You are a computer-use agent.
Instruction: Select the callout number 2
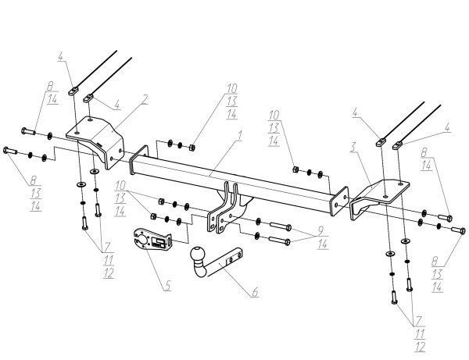tap(145, 99)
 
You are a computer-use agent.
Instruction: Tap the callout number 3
tap(354, 147)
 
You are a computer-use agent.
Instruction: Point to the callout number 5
tap(168, 285)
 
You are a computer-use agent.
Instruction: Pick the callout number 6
tap(255, 292)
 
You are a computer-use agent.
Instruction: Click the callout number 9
tap(320, 230)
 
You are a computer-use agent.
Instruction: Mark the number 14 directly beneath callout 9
tap(322, 244)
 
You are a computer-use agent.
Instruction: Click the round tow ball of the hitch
tap(198, 255)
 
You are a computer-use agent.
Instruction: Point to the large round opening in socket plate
tap(141, 239)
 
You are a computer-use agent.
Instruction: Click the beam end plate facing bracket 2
tap(139, 160)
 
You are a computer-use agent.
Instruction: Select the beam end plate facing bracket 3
tap(339, 201)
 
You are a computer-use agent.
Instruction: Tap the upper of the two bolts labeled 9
tap(281, 226)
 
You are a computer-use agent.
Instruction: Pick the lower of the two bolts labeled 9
tap(280, 240)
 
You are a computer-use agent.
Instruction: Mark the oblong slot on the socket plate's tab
tap(170, 241)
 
